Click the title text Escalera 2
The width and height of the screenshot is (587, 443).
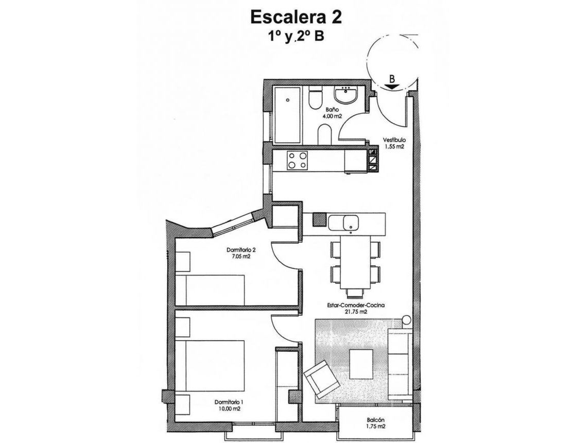click(x=295, y=18)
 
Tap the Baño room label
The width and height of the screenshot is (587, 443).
click(x=332, y=110)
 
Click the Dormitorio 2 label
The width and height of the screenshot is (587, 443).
click(x=241, y=250)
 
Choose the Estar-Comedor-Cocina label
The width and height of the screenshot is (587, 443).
click(x=349, y=305)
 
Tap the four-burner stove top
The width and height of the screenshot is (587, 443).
click(x=298, y=160)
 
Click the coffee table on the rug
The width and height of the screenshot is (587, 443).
click(x=361, y=363)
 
